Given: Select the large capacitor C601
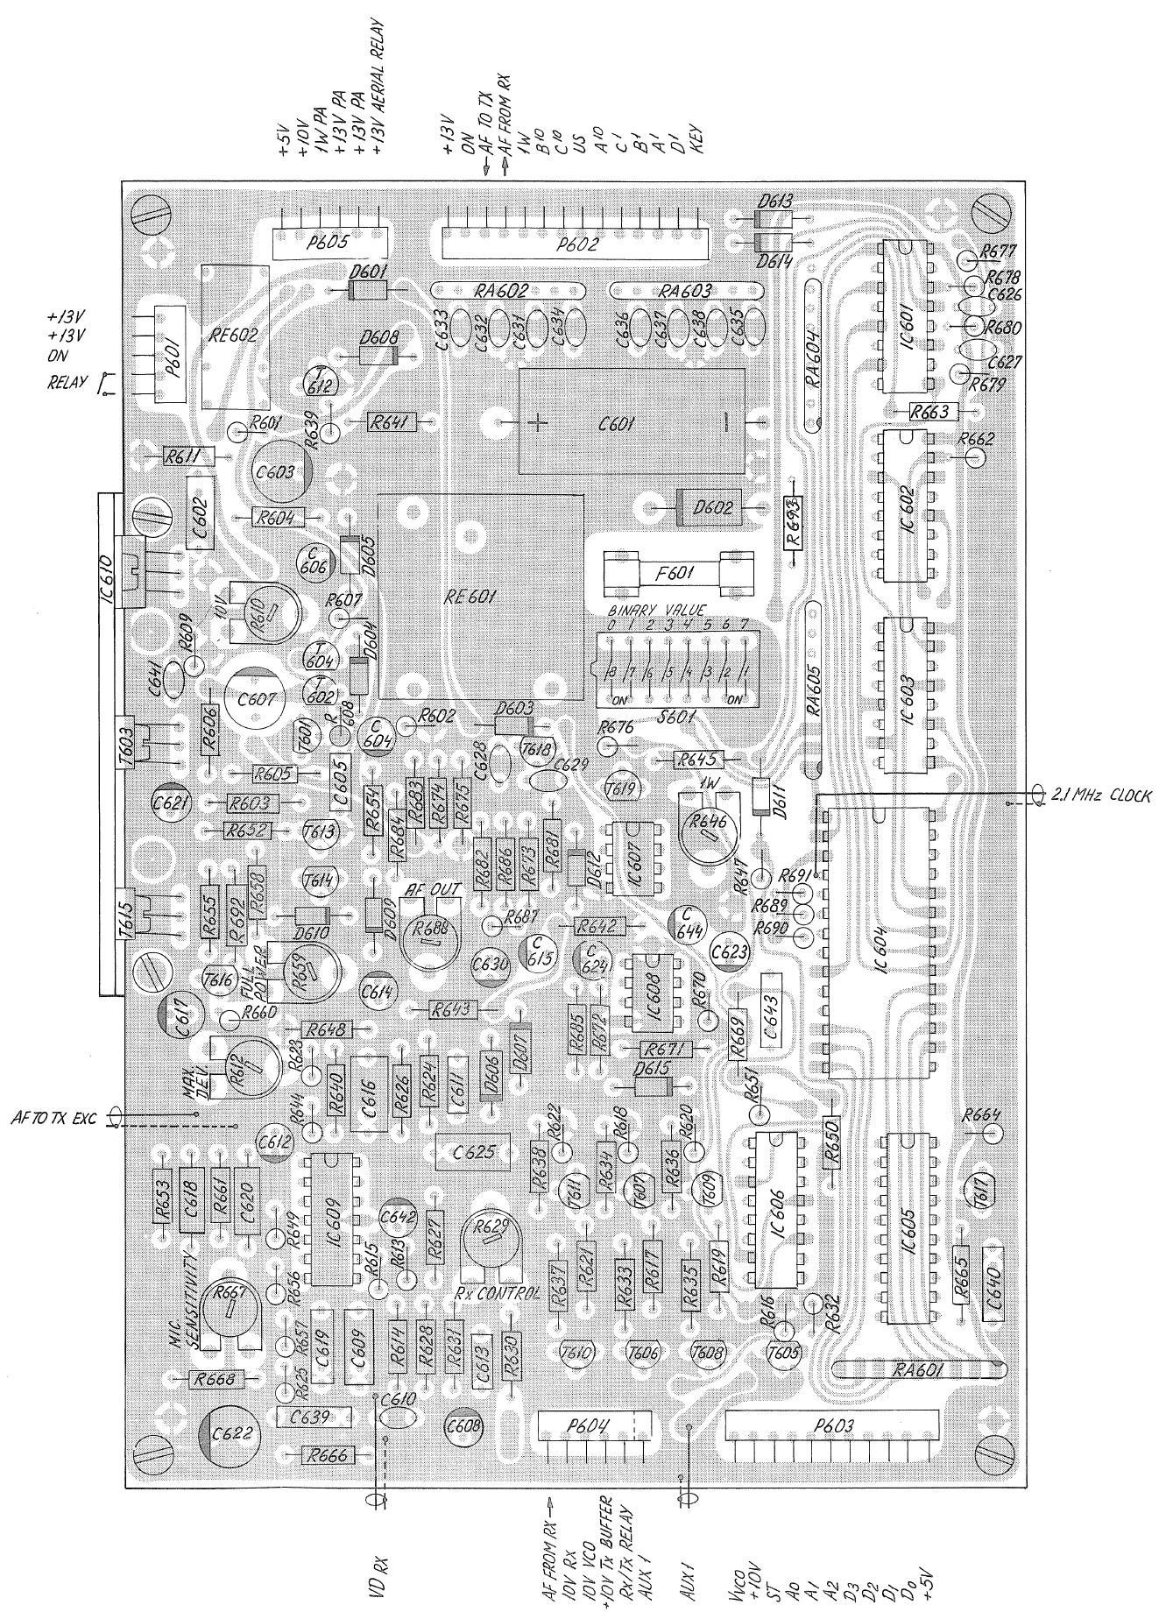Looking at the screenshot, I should (631, 423).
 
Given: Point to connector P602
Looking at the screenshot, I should (576, 245).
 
